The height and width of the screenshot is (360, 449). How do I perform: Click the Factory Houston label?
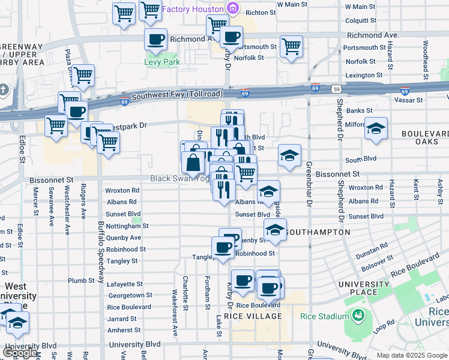pyautogui.click(x=191, y=9)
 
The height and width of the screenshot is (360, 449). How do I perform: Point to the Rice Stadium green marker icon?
pyautogui.click(x=358, y=315)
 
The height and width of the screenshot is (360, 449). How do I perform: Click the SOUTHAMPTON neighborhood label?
pyautogui.click(x=318, y=232)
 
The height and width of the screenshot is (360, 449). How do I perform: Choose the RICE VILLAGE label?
pyautogui.click(x=253, y=316)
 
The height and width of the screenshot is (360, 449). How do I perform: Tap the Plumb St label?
pyautogui.click(x=77, y=280)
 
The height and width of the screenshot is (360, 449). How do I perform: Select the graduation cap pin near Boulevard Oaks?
pyautogui.click(x=376, y=129)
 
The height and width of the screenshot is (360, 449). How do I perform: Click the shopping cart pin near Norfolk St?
pyautogui.click(x=291, y=47)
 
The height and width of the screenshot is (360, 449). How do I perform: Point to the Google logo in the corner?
pyautogui.click(x=20, y=353)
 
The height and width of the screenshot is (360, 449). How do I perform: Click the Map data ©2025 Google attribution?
pyautogui.click(x=411, y=355)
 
